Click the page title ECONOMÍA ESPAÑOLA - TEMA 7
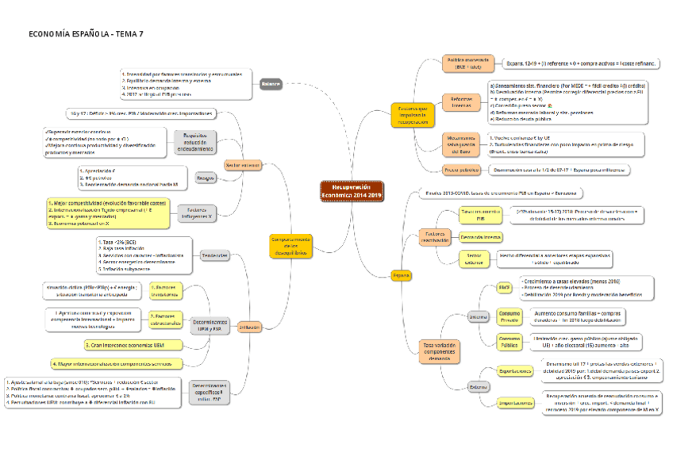pos(86,35)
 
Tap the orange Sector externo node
pos(242,165)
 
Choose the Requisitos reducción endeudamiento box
pos(198,142)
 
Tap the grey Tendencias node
pos(215,255)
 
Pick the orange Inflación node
pos(250,326)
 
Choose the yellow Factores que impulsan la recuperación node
pos(418,116)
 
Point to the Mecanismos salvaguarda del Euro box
pos(461,144)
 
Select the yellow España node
pos(402,275)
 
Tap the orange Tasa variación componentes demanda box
pos(440,351)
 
